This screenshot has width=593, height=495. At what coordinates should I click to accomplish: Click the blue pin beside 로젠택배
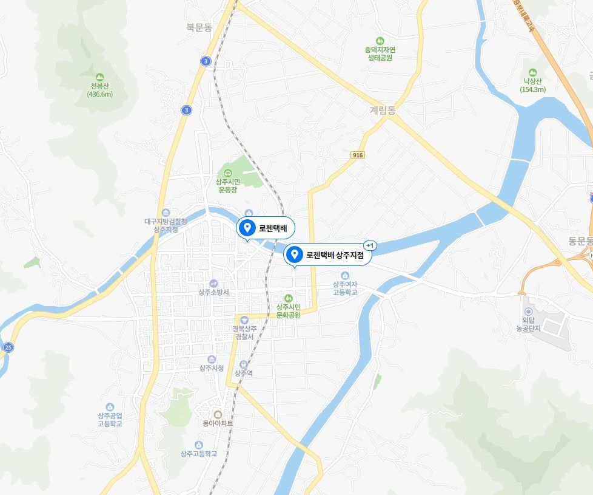pyautogui.click(x=247, y=228)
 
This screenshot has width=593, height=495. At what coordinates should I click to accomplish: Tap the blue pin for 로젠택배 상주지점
pyautogui.click(x=294, y=254)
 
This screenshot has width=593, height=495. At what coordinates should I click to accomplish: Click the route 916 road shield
pyautogui.click(x=357, y=155)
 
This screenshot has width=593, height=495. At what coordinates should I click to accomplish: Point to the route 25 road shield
pyautogui.click(x=8, y=347)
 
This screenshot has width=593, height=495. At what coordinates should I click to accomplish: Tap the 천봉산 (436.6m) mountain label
pyautogui.click(x=99, y=90)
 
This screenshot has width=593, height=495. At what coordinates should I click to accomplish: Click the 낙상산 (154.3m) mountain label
pyautogui.click(x=532, y=85)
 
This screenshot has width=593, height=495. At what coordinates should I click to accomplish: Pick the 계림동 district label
pyautogui.click(x=382, y=110)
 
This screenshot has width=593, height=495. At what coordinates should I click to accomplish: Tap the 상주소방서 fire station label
pyautogui.click(x=213, y=292)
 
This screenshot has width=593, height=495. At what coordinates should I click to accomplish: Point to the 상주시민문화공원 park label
pyautogui.click(x=289, y=311)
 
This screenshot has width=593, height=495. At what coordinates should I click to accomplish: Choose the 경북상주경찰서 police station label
pyautogui.click(x=244, y=332)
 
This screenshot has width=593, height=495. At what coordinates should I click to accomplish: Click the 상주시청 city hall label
pyautogui.click(x=212, y=367)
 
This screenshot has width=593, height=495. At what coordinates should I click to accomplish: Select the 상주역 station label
pyautogui.click(x=243, y=372)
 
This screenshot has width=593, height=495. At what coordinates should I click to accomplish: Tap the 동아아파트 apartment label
pyautogui.click(x=218, y=422)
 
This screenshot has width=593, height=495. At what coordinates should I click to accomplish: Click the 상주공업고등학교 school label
pyautogui.click(x=110, y=419)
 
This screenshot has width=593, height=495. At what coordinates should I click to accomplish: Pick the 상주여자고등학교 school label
pyautogui.click(x=345, y=288)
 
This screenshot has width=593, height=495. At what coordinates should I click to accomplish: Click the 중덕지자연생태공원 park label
pyautogui.click(x=380, y=53)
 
